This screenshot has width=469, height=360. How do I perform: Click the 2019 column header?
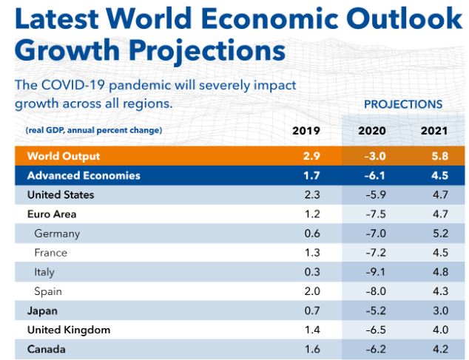coord(306,131)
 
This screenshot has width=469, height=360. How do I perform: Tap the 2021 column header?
coord(434,131)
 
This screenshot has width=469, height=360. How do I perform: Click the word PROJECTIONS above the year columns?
coord(403,104)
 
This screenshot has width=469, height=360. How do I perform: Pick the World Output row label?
coord(63,156)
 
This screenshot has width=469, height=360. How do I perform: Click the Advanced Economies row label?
coord(83,176)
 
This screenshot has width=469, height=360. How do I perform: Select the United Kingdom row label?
coord(69,330)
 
